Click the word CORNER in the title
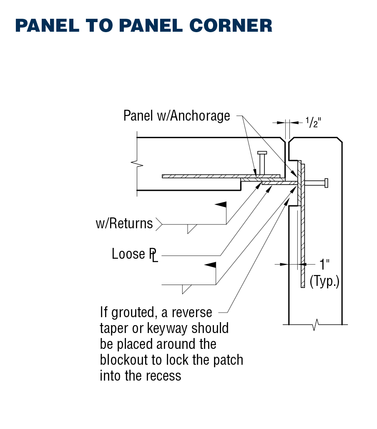[x=231, y=25]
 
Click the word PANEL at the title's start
[x=47, y=25]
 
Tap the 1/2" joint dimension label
[x=313, y=122]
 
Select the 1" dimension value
[x=324, y=264]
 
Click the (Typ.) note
[x=324, y=281]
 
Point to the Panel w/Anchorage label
[x=176, y=116]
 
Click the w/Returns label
[x=124, y=223]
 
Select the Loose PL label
[x=135, y=254]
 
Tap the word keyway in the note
[x=168, y=328]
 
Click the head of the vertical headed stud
[x=262, y=153]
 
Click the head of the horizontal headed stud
[x=326, y=183]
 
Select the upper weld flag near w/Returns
[x=221, y=204]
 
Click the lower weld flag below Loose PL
[x=210, y=265]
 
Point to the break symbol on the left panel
[x=137, y=164]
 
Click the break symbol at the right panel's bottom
[x=316, y=325]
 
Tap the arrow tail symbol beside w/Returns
[x=159, y=224]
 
